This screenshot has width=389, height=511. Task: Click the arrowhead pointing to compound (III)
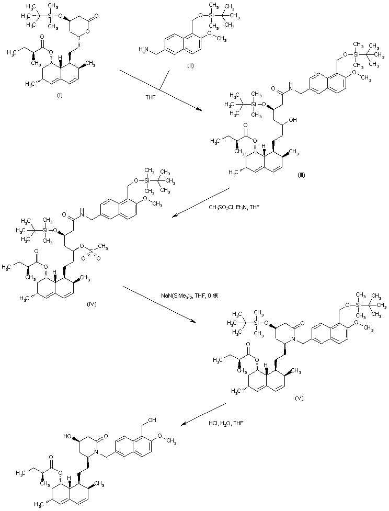coord(199,109)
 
